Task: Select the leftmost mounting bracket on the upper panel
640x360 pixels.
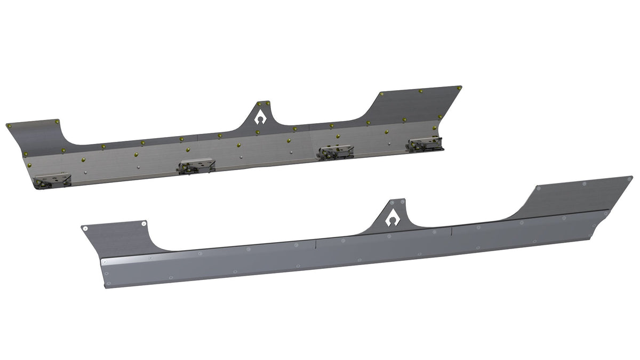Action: click(x=52, y=180)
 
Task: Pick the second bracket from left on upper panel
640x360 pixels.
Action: click(x=196, y=166)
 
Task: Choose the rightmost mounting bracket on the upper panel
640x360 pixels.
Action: click(x=424, y=143)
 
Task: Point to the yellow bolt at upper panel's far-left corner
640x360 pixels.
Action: click(x=9, y=126)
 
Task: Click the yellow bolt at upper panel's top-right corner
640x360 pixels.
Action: click(x=459, y=87)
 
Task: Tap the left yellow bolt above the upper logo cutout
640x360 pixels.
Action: click(x=255, y=103)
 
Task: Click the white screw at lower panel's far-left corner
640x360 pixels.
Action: click(x=84, y=228)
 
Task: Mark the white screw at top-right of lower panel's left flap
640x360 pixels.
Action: click(x=143, y=224)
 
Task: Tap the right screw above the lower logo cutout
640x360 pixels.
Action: click(x=402, y=202)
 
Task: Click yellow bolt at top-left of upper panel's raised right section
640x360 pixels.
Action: click(x=382, y=94)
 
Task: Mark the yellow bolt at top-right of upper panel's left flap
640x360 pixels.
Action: click(x=57, y=122)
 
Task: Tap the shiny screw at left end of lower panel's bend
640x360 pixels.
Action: click(x=105, y=262)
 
